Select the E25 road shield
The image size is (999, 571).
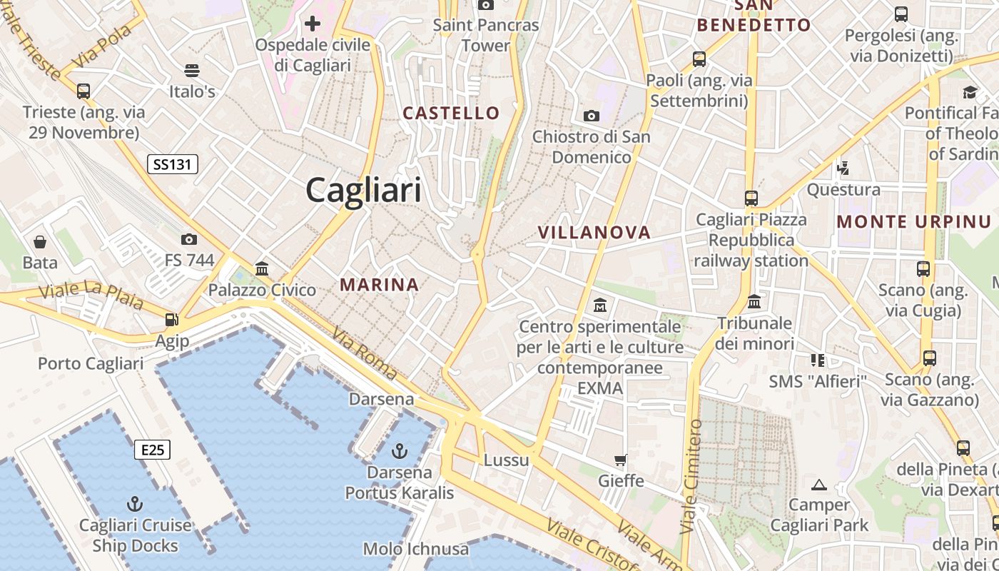click(x=153, y=450)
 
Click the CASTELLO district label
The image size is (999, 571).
click(x=451, y=113)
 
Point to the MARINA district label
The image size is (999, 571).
click(x=379, y=285)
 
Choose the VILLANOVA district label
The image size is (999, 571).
click(x=594, y=233)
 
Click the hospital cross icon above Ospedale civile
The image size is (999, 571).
click(x=312, y=24)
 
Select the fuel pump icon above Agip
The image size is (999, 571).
click(x=171, y=320)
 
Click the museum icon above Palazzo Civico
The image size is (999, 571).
click(x=262, y=268)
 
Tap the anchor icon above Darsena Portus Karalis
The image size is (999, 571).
click(x=400, y=451)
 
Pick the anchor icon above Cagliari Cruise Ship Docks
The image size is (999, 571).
click(x=135, y=504)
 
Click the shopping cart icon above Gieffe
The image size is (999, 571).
click(x=621, y=460)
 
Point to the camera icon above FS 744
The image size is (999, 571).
click(x=189, y=239)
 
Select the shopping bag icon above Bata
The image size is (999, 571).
click(x=40, y=242)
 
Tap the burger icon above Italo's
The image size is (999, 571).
click(x=191, y=70)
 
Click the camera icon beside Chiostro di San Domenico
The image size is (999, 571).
click(x=591, y=116)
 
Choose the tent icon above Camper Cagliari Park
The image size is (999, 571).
click(x=819, y=485)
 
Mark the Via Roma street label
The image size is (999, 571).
click(x=364, y=353)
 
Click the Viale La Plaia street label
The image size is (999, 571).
click(x=91, y=294)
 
